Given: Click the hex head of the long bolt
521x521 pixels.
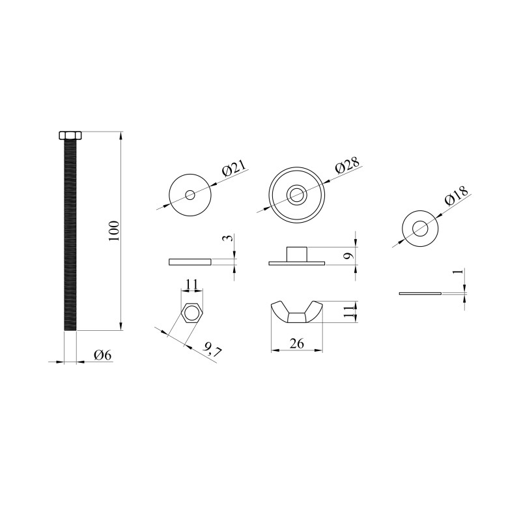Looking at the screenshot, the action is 70,135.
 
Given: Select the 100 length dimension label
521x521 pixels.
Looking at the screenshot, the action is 114,231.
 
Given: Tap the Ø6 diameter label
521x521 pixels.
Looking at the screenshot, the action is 103,355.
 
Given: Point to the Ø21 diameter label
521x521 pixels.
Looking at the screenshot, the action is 235,168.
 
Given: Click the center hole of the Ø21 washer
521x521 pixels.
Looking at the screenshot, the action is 190,195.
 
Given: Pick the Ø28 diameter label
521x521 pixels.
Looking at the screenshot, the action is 347,165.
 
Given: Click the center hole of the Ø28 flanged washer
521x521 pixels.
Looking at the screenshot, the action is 297,195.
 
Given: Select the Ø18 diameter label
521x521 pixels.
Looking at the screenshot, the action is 457,196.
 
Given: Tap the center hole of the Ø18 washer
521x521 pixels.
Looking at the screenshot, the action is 420,229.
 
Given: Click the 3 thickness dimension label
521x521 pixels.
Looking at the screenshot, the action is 227,238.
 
